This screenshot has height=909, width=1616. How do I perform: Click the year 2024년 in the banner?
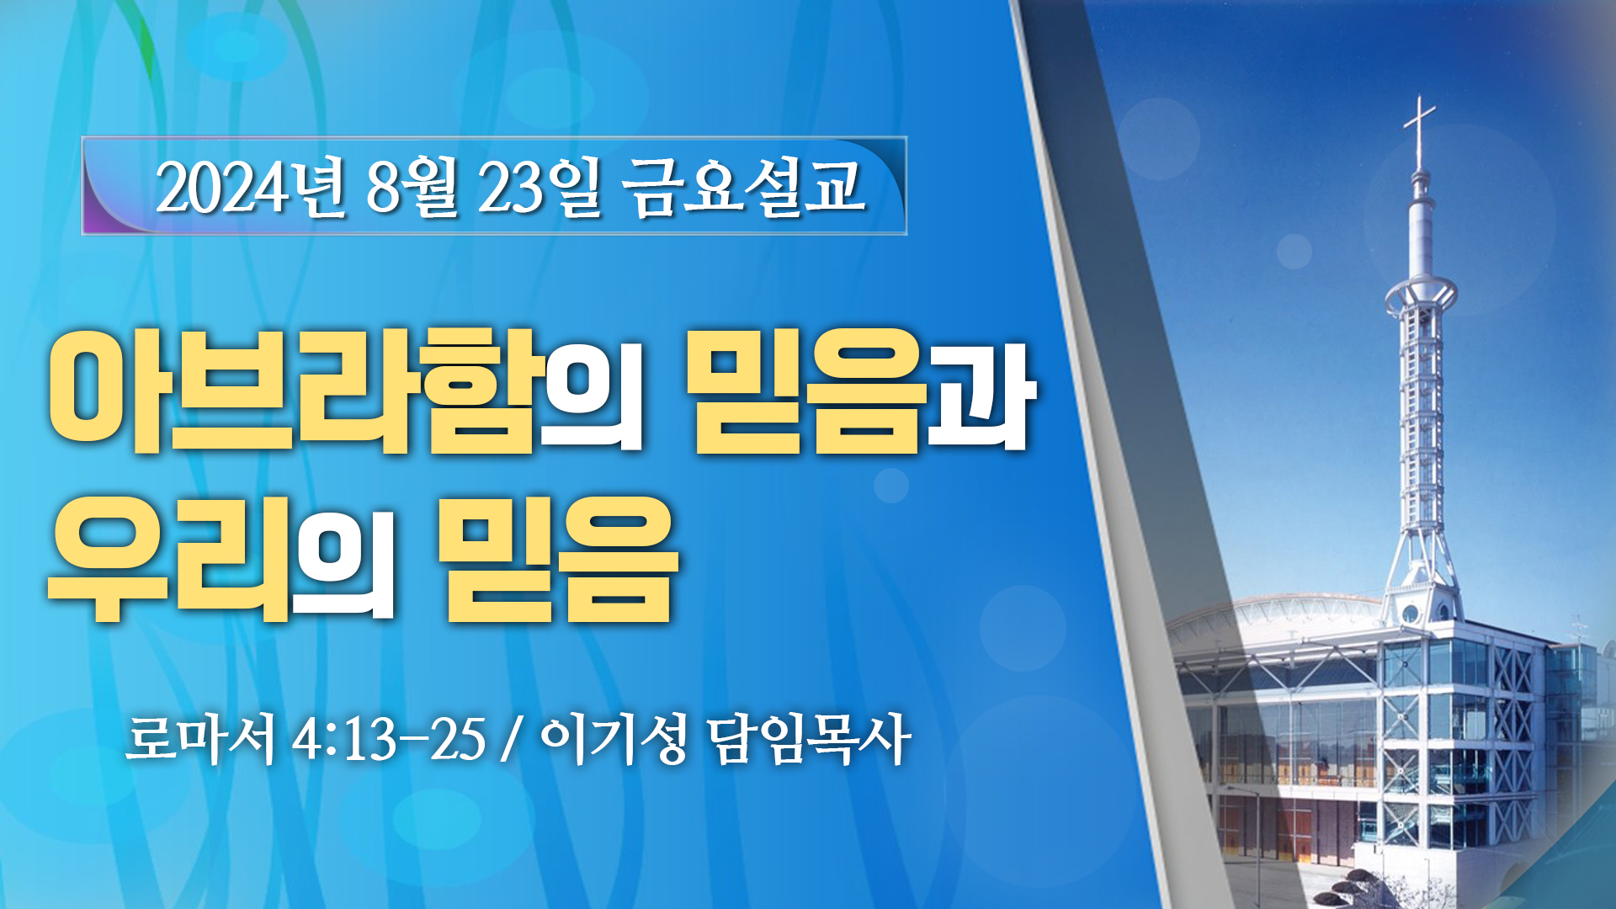pyautogui.click(x=251, y=187)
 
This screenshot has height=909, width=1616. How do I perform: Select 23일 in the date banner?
pyautogui.click(x=540, y=187)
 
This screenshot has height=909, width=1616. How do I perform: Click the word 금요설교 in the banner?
pyautogui.click(x=744, y=187)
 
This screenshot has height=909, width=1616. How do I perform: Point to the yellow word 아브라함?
pyautogui.click(x=291, y=391)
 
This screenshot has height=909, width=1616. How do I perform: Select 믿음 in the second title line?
pyautogui.click(x=557, y=559)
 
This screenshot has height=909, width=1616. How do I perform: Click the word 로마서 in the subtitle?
pyautogui.click(x=200, y=739)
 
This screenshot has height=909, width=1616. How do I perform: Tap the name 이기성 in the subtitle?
pyautogui.click(x=613, y=739)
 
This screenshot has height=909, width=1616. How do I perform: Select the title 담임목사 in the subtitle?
pyautogui.click(x=808, y=739)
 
